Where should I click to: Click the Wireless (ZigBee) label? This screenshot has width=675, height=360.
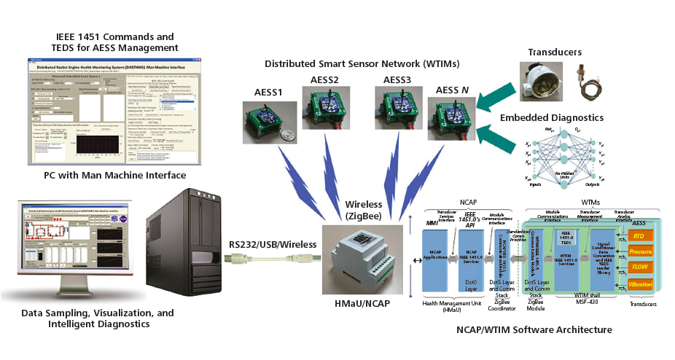coord(363,209)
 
